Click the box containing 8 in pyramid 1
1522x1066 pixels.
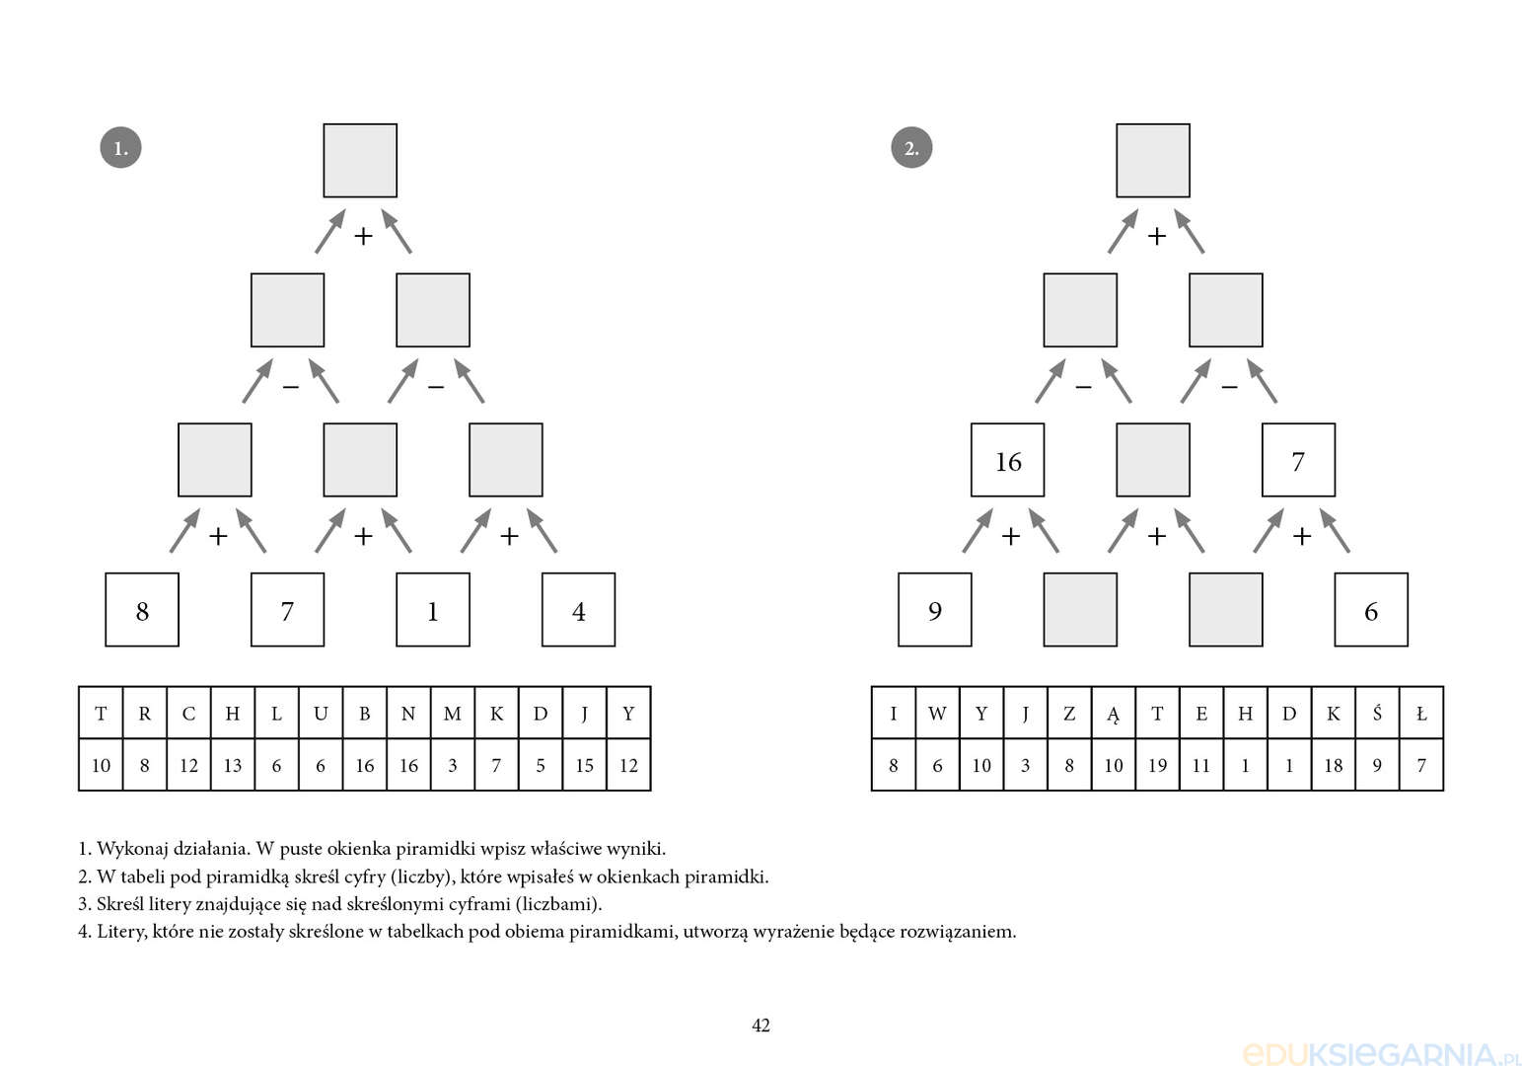142,610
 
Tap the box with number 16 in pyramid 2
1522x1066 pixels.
1008,460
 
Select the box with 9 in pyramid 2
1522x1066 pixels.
935,610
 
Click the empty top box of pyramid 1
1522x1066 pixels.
360,161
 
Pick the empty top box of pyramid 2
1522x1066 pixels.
1153,161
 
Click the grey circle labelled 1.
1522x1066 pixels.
121,147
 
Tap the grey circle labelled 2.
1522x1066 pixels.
911,147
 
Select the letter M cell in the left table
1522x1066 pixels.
453,714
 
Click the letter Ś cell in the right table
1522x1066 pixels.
1377,714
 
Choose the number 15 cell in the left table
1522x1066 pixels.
584,766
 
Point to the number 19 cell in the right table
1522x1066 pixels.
1158,766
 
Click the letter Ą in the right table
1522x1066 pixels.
1113,714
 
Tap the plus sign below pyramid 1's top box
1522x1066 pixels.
364,236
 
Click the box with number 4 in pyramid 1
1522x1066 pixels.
579,610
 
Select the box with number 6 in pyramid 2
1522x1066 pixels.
1371,610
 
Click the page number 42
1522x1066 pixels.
761,1026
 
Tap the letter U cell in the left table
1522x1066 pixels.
321,714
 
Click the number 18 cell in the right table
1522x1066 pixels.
1334,766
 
